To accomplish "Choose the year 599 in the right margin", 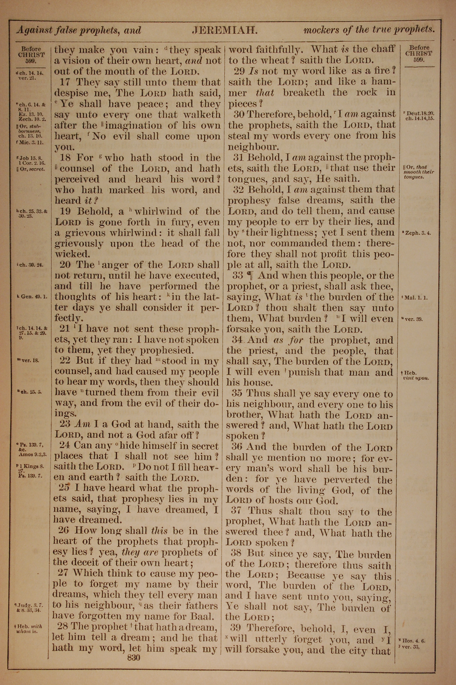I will click(419, 60).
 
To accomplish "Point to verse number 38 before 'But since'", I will click(236, 553).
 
